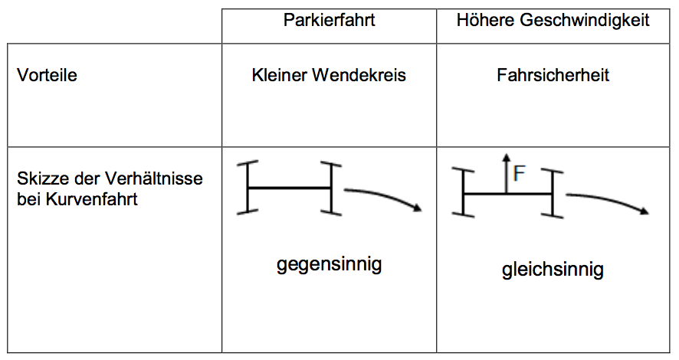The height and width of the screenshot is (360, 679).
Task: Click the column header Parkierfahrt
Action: point(329,21)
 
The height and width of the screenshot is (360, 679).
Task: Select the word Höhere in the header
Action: point(482,21)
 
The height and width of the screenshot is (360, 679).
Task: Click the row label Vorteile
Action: point(47,76)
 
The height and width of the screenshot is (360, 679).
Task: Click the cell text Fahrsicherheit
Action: point(553,76)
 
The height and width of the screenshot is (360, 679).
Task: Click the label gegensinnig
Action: point(329,266)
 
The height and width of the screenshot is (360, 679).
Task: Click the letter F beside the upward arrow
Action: point(519,174)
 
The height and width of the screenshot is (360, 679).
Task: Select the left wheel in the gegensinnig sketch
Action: point(248,187)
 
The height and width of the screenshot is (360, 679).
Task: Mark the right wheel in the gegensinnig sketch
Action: point(332,187)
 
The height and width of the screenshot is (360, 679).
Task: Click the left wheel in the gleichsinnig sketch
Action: point(464,194)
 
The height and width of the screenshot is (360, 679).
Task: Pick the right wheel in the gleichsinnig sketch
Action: point(553,194)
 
